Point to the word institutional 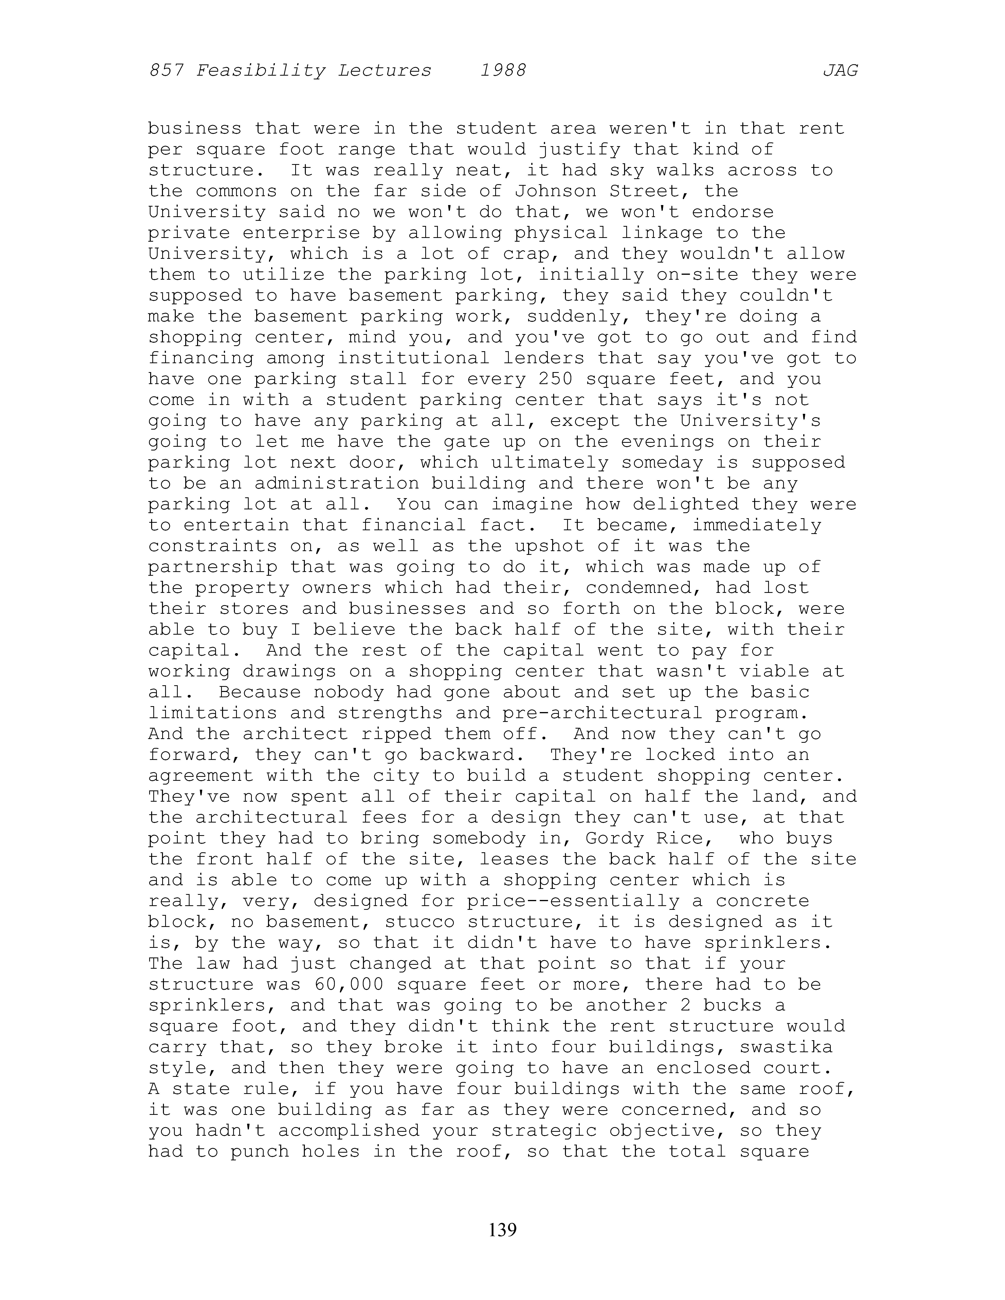(413, 358)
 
